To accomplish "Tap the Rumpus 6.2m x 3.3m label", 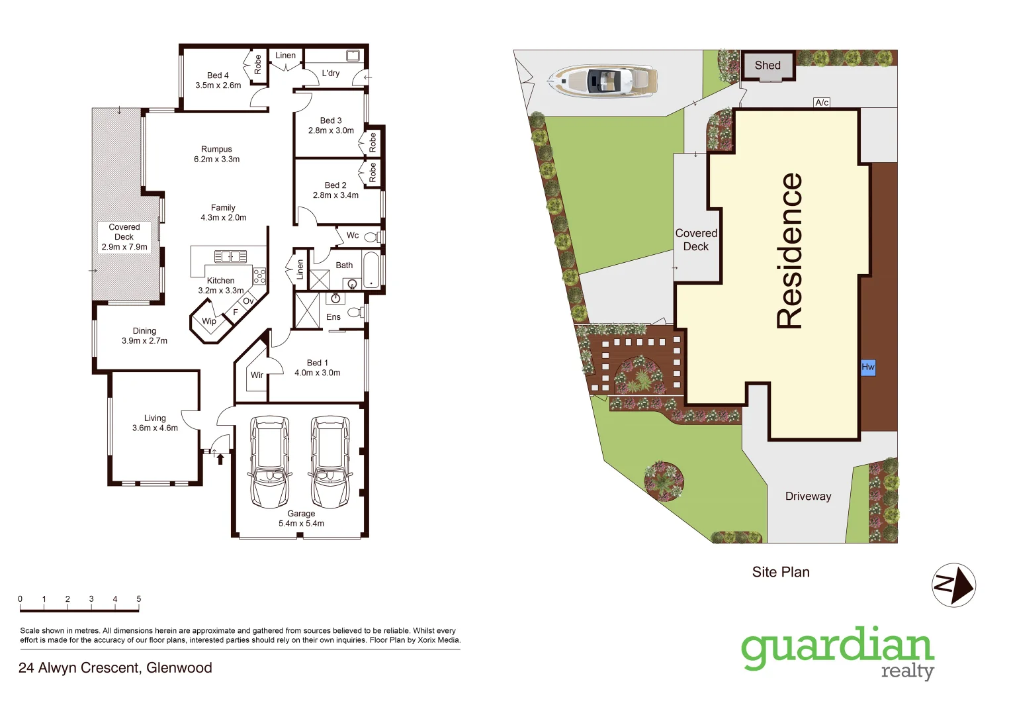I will (216, 154).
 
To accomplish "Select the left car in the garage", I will (269, 461).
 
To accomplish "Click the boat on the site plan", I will (603, 81).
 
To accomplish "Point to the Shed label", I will (768, 65).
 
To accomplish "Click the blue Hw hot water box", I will (867, 367).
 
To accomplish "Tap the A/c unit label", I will (822, 103).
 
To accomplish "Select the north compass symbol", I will (953, 585).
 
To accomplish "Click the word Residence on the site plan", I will (789, 251).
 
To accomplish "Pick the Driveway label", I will (808, 497).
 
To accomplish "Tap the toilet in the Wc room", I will (371, 236).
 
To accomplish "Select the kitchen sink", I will (230, 256).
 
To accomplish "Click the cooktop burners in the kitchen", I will (259, 275).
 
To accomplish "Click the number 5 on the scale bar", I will (138, 599).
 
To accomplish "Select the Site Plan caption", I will (781, 572).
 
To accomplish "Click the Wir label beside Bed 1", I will (257, 375).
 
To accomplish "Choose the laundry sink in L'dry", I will (353, 56).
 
